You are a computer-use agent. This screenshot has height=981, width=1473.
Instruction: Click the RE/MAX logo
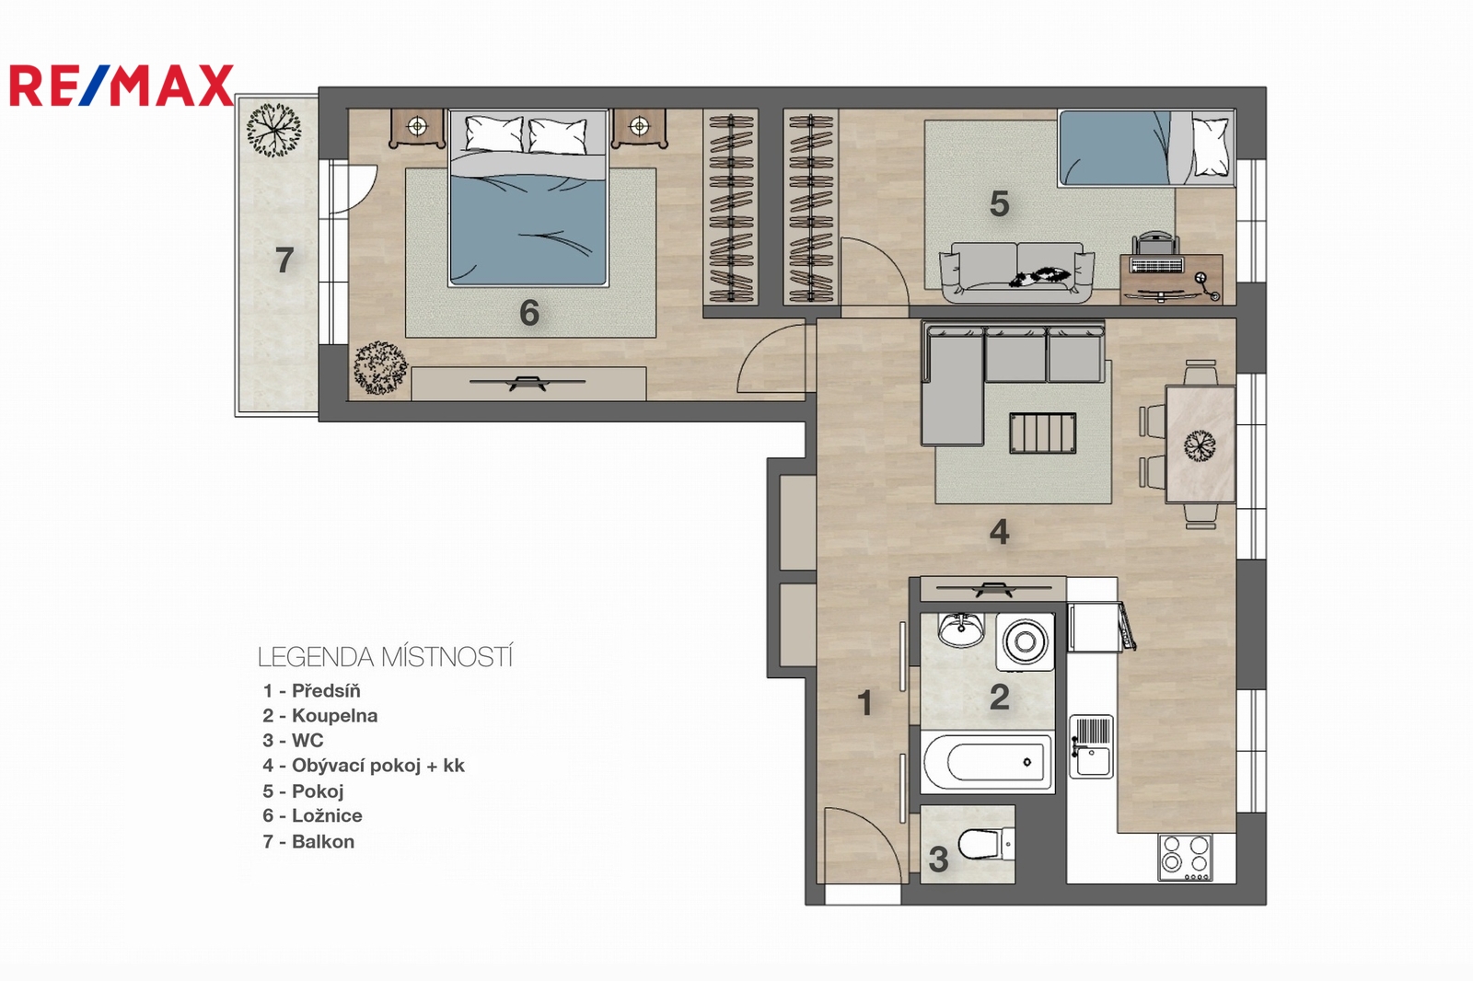pyautogui.click(x=121, y=86)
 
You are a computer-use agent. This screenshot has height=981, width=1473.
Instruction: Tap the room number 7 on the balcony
pyautogui.click(x=284, y=260)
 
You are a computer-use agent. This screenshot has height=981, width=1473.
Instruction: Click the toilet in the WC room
pyautogui.click(x=985, y=843)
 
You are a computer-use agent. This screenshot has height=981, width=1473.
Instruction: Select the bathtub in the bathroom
pyautogui.click(x=987, y=761)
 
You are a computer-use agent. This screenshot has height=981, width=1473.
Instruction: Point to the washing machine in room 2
pyautogui.click(x=1025, y=641)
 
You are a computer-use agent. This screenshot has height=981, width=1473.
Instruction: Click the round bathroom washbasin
pyautogui.click(x=961, y=629)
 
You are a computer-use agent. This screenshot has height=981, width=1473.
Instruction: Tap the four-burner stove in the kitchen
pyautogui.click(x=1186, y=858)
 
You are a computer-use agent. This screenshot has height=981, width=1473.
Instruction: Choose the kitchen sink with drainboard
pyautogui.click(x=1091, y=747)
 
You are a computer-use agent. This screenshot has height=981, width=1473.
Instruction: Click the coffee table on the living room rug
pyautogui.click(x=1042, y=433)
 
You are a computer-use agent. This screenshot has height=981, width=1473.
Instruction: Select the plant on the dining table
pyautogui.click(x=1200, y=445)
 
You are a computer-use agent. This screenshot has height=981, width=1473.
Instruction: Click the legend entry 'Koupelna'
pyautogui.click(x=320, y=715)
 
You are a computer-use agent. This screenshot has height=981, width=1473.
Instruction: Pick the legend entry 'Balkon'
pyautogui.click(x=308, y=842)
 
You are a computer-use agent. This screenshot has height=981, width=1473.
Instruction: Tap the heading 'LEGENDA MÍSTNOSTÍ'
pyautogui.click(x=385, y=657)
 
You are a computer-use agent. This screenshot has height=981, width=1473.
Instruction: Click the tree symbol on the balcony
pyautogui.click(x=273, y=130)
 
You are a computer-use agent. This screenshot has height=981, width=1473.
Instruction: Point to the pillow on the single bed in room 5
pyautogui.click(x=1211, y=146)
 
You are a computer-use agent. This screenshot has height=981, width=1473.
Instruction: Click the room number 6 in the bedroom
pyautogui.click(x=529, y=313)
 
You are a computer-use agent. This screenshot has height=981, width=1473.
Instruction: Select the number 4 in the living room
pyautogui.click(x=999, y=531)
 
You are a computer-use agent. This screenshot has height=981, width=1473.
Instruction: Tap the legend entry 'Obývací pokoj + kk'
pyautogui.click(x=364, y=766)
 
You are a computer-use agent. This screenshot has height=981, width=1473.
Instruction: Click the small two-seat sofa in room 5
pyautogui.click(x=1016, y=272)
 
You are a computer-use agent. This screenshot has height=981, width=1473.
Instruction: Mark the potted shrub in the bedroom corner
pyautogui.click(x=380, y=367)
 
